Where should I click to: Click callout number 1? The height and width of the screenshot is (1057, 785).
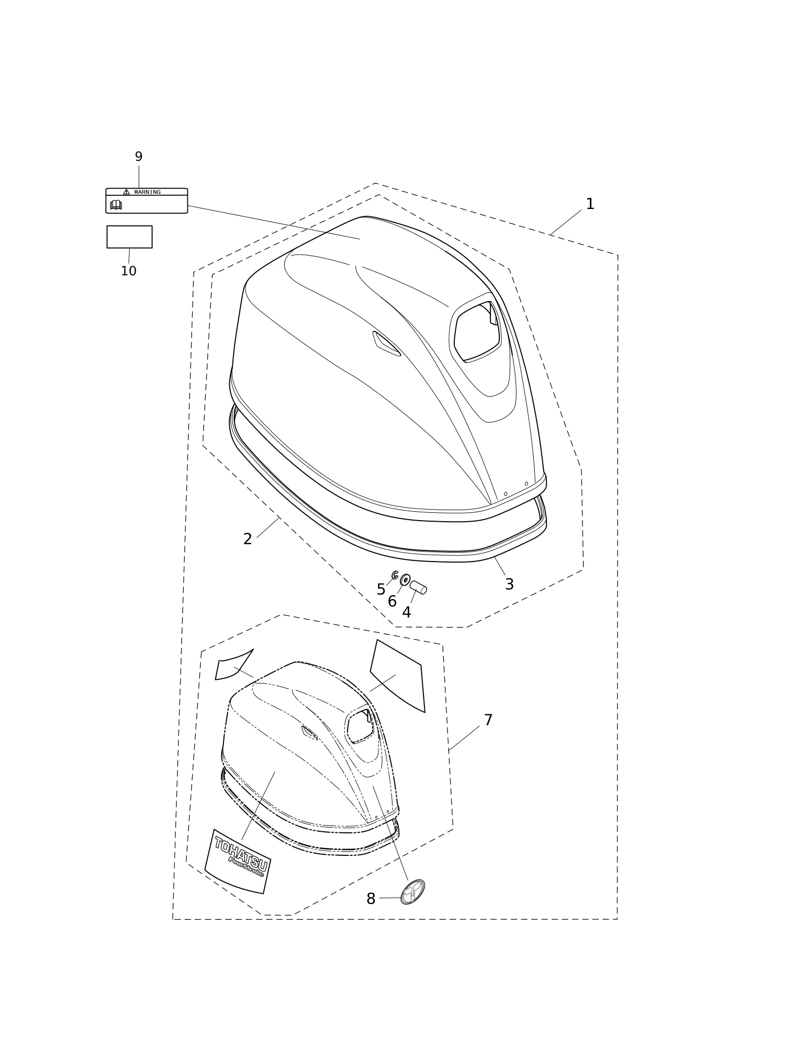tap(590, 204)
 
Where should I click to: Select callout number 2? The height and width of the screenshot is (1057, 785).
tap(248, 539)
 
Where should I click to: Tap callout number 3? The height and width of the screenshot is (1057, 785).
tap(509, 584)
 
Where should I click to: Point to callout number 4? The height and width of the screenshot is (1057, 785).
tap(407, 612)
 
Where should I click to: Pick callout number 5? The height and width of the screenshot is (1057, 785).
tap(381, 590)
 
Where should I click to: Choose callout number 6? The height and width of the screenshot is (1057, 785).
tap(392, 602)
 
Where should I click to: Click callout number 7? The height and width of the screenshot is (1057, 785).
tap(488, 720)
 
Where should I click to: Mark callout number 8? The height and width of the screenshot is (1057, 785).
tap(371, 899)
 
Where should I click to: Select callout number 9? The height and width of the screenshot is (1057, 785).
tap(139, 157)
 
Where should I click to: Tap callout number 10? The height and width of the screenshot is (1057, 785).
tap(129, 271)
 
